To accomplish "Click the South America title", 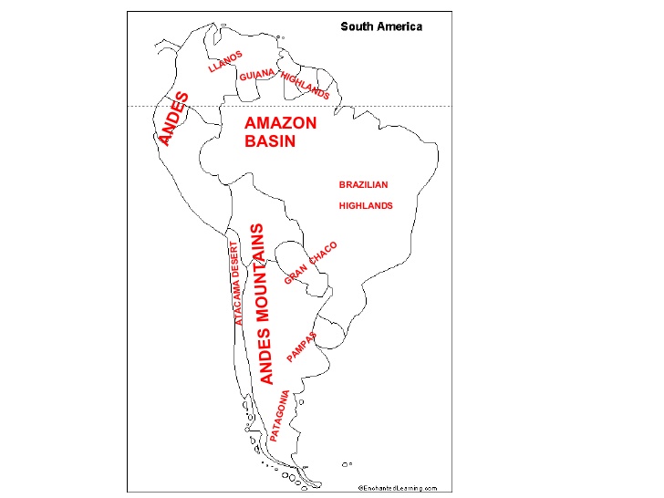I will [381, 26].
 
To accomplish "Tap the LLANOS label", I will [225, 61].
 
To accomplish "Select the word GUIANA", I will [257, 75].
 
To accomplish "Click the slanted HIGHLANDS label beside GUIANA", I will [306, 84].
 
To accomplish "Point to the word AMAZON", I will [281, 123].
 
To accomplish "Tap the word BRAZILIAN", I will [363, 184].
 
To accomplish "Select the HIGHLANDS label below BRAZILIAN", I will [365, 205].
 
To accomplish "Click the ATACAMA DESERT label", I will [236, 284].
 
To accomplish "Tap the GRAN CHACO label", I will [311, 262].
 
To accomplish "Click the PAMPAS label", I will [302, 347].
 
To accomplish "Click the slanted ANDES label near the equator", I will [173, 118].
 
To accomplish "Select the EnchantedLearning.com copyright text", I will [397, 488].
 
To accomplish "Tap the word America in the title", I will [399, 26].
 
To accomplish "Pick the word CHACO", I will [323, 253].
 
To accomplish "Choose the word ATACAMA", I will [238, 301].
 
